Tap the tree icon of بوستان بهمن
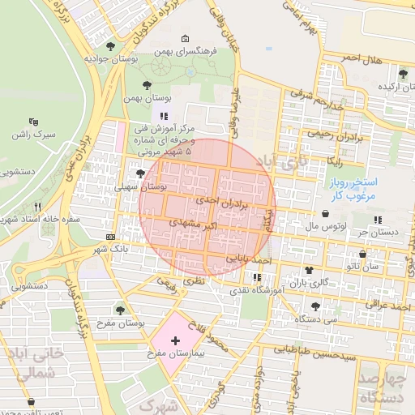147,85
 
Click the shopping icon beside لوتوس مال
325,215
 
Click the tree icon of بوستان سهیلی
140,173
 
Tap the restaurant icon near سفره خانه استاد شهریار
37,207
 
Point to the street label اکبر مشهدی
193,220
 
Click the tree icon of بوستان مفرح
120,309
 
